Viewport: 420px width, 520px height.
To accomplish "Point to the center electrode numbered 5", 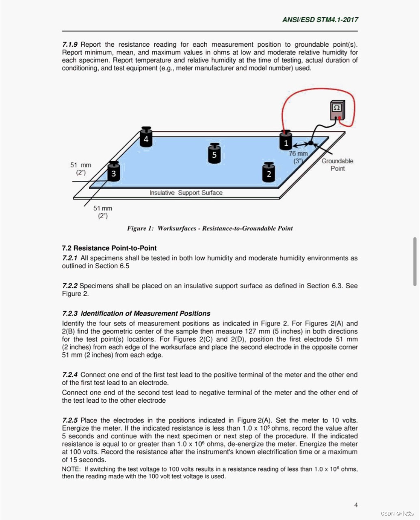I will coord(214,153).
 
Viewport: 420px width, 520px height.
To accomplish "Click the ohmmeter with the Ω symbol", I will coord(337,110).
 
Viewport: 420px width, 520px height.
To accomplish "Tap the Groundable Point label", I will coord(337,165).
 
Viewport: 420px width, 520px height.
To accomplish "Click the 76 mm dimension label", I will coord(298,154).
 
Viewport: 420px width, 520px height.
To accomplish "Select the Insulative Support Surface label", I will coord(186,193).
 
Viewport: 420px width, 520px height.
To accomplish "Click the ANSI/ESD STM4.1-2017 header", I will coord(320,19).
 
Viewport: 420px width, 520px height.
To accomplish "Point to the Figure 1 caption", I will coord(210,228).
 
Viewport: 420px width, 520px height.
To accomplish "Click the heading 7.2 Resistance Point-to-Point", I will coord(109,248).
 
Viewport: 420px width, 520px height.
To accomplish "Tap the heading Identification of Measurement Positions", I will coord(145,314).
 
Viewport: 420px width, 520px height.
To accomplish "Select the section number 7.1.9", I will coord(70,44).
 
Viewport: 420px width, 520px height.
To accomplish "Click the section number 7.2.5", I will coord(70,420).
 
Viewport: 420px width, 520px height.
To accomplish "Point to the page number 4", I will coord(356,505).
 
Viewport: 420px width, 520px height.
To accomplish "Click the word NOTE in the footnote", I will coord(71,469).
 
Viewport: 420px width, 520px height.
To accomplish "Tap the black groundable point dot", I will coord(311,143).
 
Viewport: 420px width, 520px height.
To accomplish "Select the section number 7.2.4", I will coord(70,375).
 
